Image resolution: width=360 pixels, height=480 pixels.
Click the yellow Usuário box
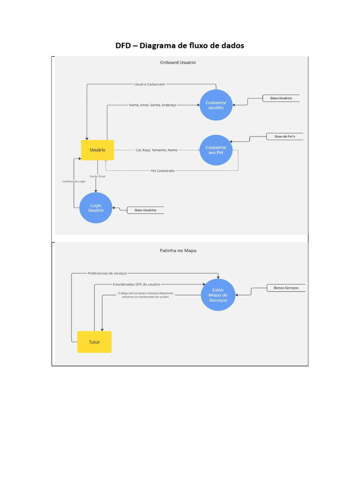[x=97, y=150]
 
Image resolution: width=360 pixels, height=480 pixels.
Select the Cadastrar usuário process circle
[x=216, y=105]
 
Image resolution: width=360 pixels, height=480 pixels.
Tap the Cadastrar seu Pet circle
[x=216, y=150]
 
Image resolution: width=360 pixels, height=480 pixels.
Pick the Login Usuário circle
[x=96, y=208]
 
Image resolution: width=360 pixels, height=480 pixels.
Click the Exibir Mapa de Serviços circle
[x=218, y=295]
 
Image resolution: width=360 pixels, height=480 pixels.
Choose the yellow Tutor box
[x=94, y=342]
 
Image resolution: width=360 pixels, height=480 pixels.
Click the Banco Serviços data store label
[x=286, y=288]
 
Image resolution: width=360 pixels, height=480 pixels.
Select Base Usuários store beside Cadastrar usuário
[x=281, y=98]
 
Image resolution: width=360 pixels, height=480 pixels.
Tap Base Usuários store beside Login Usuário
[x=145, y=210]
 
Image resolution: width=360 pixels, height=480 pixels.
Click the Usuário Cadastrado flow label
[x=150, y=84]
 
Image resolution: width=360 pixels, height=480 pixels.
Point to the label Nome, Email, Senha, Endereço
[x=152, y=105]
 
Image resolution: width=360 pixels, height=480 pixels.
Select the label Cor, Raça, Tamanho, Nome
[x=157, y=150]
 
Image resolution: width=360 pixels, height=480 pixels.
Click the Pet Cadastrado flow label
[x=163, y=171]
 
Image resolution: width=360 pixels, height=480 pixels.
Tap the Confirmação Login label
[x=74, y=181]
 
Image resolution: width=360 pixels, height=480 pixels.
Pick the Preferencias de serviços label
[x=107, y=273]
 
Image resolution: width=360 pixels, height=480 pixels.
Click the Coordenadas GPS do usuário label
[x=136, y=284]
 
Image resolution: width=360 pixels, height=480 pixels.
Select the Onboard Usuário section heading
[x=178, y=62]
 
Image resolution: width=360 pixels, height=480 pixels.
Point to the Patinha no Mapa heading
[x=178, y=250]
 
